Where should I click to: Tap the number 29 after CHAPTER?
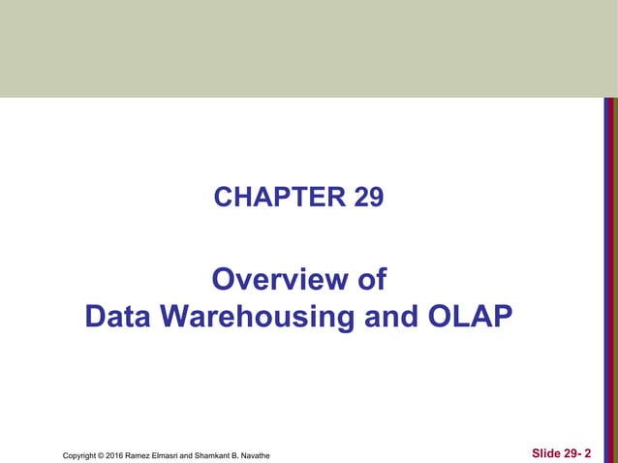pyautogui.click(x=369, y=198)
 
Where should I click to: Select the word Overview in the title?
pyautogui.click(x=271, y=281)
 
